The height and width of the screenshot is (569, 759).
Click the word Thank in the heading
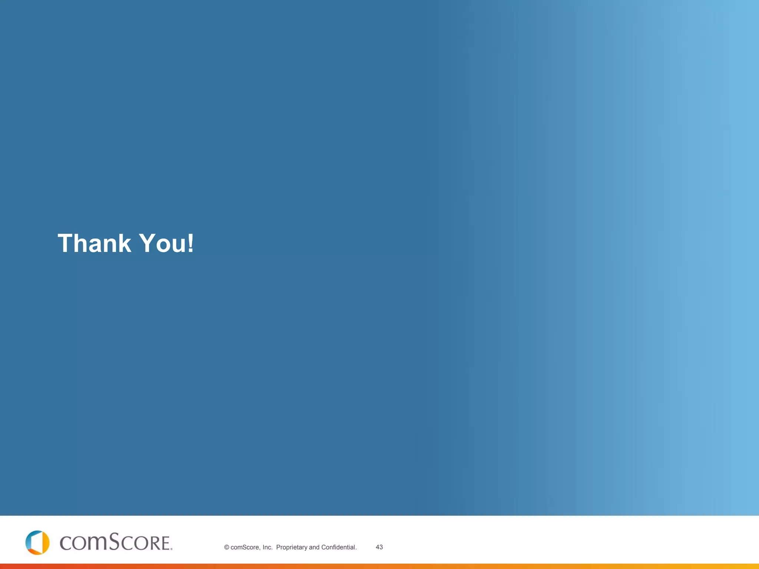click(x=95, y=243)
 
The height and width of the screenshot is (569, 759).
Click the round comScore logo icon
click(x=37, y=542)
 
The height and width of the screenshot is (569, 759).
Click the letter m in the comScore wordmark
click(x=96, y=543)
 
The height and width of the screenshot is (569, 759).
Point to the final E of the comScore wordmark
click(x=164, y=543)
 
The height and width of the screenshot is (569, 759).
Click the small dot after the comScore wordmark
click(x=171, y=549)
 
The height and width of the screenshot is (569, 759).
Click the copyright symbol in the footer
click(x=226, y=548)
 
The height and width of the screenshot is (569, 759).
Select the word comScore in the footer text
click(x=245, y=548)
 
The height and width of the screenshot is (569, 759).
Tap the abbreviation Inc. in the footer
click(x=267, y=548)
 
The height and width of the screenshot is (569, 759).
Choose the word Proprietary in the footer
click(x=292, y=548)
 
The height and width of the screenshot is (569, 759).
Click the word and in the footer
click(x=314, y=548)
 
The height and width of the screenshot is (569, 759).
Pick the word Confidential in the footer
click(x=338, y=548)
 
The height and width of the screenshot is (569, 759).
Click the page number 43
click(x=379, y=547)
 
